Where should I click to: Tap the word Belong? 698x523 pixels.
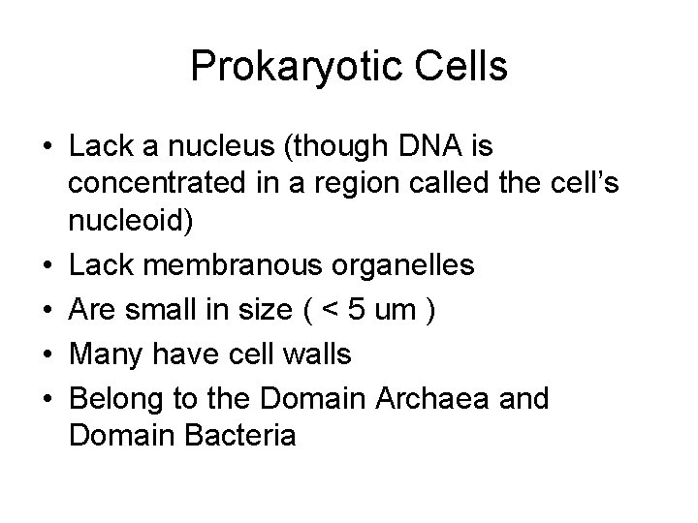coord(114,397)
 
